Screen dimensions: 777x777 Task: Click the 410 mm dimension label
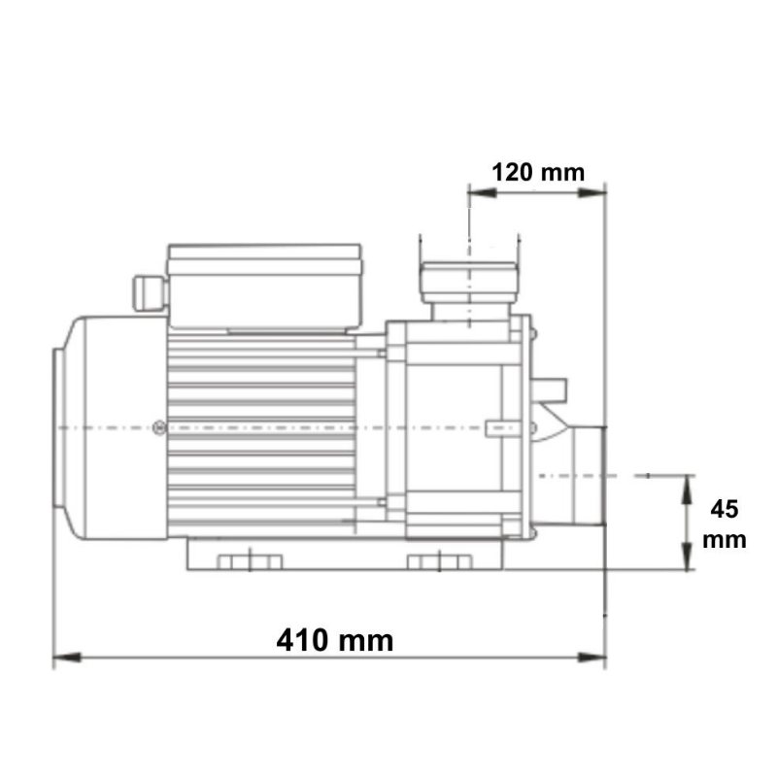[x=335, y=641]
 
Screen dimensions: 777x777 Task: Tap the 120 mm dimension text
[x=538, y=173]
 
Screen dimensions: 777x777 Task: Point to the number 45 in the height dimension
[x=724, y=509]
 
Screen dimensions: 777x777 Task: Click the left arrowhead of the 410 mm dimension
[x=67, y=658]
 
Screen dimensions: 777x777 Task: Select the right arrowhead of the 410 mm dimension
[x=591, y=658]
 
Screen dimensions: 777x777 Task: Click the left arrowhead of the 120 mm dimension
[x=483, y=192]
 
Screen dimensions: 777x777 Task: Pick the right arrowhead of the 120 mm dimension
[x=591, y=192]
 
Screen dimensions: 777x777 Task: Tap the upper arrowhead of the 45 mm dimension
[x=687, y=490]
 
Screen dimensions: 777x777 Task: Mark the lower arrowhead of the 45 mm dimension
[x=687, y=556]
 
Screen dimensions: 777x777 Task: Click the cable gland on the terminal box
[x=149, y=293]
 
